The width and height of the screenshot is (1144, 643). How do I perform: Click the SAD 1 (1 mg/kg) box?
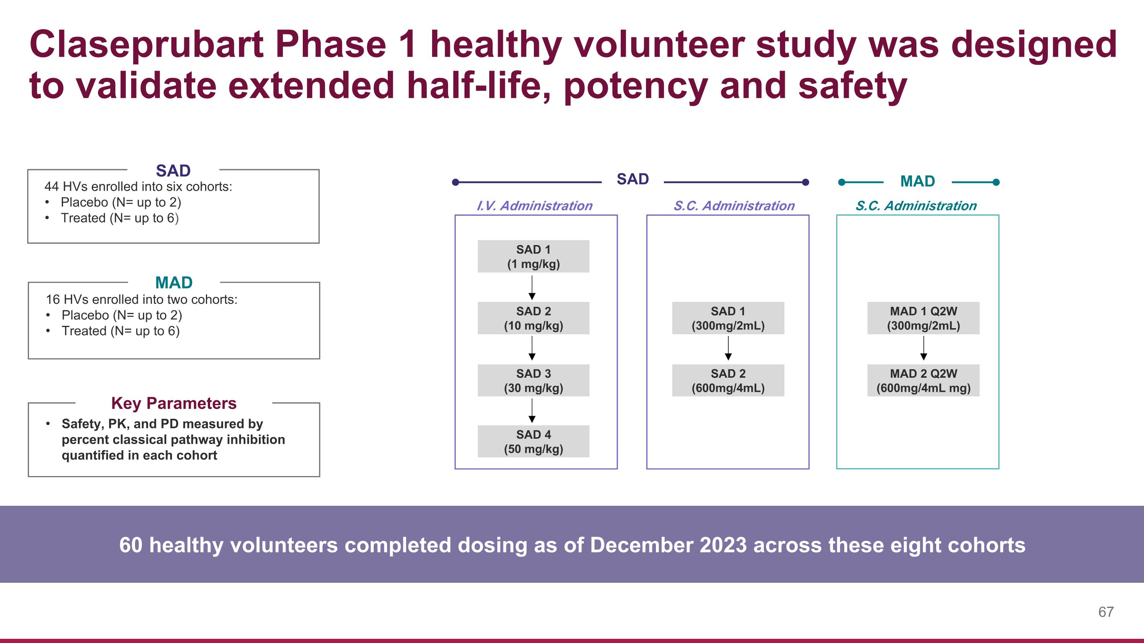pos(533,257)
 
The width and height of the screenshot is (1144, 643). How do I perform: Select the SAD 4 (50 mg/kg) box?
pos(533,441)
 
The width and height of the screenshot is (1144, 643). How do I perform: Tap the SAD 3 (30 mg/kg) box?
pos(533,381)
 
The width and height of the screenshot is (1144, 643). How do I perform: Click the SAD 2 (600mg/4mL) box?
pos(728,381)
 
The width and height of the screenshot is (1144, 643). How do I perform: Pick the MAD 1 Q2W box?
pos(923,318)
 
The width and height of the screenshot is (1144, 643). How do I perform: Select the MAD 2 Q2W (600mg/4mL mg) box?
pos(923,381)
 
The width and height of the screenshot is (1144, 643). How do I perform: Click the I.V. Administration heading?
pos(534,206)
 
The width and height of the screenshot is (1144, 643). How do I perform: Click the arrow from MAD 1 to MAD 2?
pos(924,348)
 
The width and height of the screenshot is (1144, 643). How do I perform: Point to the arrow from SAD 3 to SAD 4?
pos(532,410)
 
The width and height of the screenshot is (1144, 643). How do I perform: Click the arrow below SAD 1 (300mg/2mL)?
pos(728,348)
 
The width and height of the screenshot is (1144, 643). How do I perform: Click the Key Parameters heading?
pos(174,403)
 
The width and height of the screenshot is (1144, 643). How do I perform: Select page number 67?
pos(1106,612)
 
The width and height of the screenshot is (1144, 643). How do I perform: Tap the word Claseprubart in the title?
pos(146,45)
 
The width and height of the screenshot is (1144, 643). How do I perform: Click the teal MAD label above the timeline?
pos(917,181)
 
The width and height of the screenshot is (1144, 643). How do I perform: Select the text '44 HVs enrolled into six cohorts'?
pos(138,187)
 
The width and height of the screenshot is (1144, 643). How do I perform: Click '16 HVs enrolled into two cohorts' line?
pos(141,300)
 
